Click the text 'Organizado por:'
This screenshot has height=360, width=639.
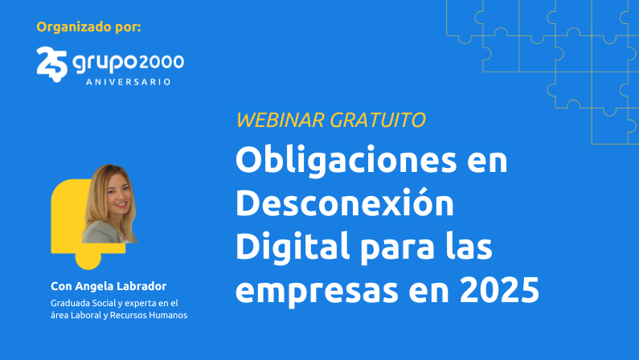88,27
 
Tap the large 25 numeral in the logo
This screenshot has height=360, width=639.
51,62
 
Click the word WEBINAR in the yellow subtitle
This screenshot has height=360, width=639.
281,121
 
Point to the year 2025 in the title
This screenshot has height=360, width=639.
499,290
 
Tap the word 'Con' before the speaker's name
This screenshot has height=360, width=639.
60,287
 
